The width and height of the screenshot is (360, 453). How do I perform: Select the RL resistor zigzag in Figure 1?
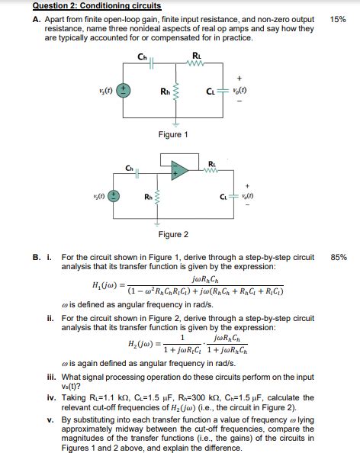pyautogui.click(x=198, y=65)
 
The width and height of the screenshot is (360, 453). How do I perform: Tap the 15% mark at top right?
pyautogui.click(x=338, y=19)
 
